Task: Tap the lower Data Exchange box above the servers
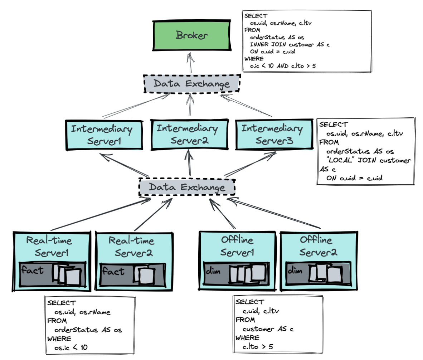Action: click(x=187, y=187)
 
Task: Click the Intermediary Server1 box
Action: click(x=102, y=135)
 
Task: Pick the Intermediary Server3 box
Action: click(x=272, y=134)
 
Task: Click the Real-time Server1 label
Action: click(x=49, y=247)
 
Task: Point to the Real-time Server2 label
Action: click(x=131, y=247)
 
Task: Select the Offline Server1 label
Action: click(x=237, y=246)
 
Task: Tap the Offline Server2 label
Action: click(x=316, y=246)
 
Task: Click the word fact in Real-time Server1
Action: click(x=32, y=270)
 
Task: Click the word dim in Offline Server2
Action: click(x=295, y=271)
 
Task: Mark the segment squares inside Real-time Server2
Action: click(x=144, y=275)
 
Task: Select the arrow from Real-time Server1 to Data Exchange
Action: click(x=100, y=215)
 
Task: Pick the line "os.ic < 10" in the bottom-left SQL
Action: click(x=71, y=347)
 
